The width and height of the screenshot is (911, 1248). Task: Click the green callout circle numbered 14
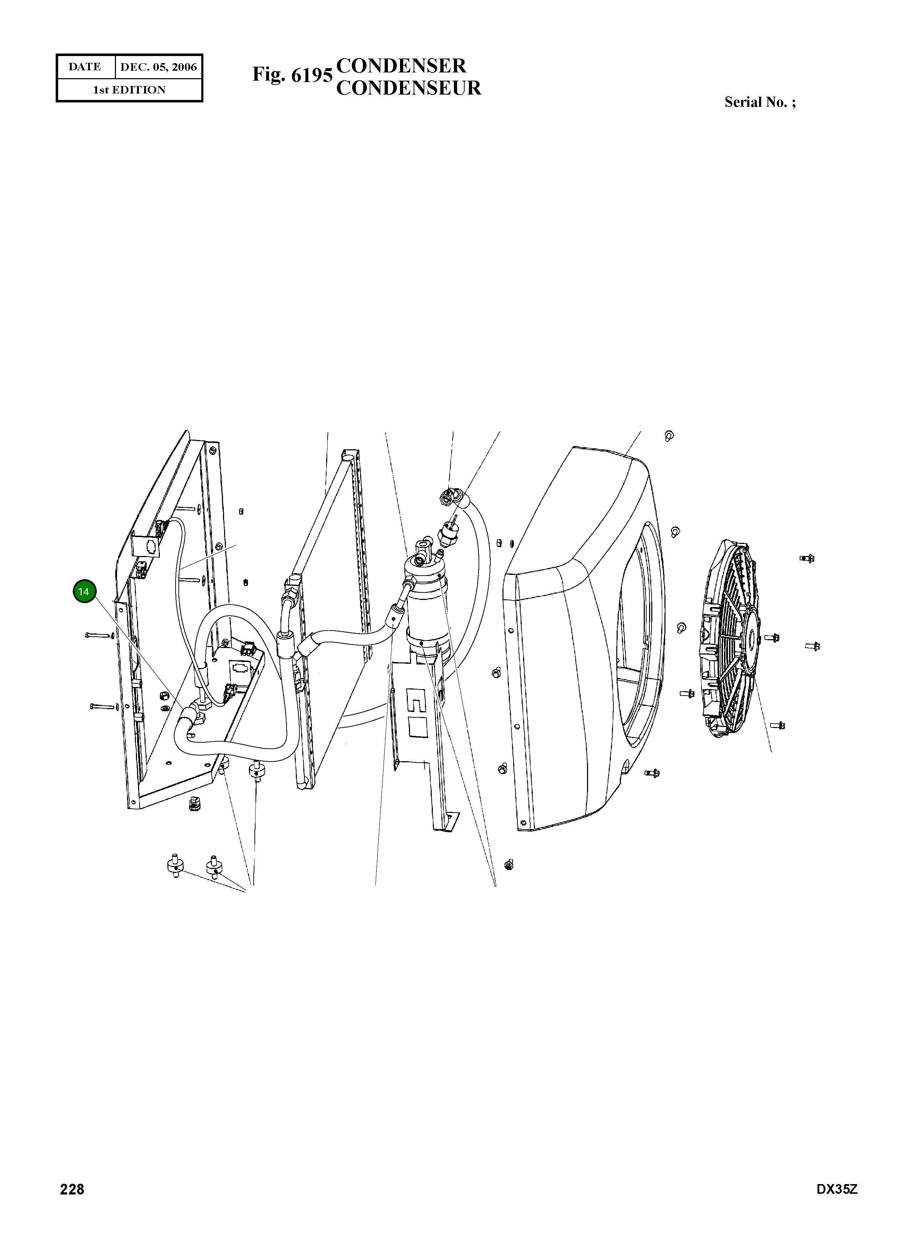point(84,592)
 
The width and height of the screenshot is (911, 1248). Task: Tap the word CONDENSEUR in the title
point(409,88)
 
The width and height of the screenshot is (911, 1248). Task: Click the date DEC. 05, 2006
point(158,67)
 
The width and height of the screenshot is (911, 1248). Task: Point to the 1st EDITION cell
point(129,90)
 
